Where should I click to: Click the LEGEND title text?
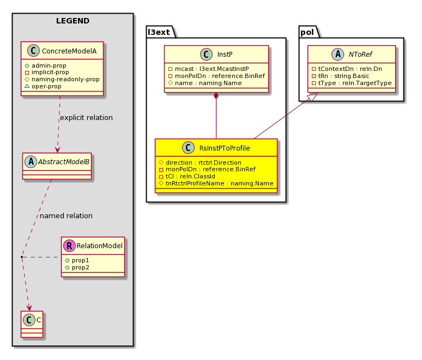[73, 21]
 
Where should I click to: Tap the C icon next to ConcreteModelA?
[34, 51]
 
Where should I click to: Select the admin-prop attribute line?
[45, 65]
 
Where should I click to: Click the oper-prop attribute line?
[43, 86]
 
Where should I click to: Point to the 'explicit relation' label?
[86, 118]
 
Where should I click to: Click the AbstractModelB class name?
[63, 161]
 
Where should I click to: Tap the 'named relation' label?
[66, 215]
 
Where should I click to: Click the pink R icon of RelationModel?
[69, 245]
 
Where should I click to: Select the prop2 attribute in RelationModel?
[77, 268]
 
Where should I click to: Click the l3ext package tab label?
[159, 32]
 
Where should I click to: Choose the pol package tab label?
[307, 33]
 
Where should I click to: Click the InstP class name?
[225, 55]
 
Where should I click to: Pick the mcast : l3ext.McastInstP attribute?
[209, 69]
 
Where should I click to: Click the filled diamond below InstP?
[216, 96]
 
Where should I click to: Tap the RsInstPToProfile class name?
[225, 148]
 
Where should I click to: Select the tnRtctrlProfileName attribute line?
[216, 183]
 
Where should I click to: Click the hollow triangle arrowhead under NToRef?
[313, 97]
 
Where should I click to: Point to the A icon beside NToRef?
[337, 54]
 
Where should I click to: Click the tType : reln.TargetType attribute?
[352, 83]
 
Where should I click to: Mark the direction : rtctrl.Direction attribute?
[200, 163]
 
